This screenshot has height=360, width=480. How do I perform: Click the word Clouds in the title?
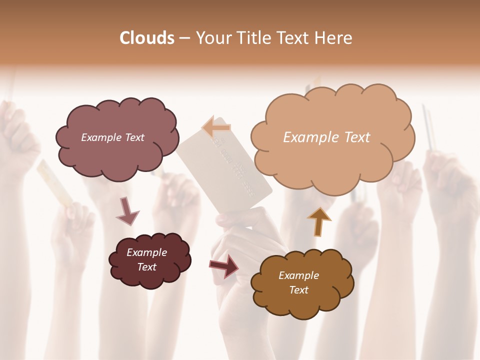147,38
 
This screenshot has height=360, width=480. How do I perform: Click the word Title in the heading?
250,38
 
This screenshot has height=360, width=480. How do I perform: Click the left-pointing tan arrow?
216,128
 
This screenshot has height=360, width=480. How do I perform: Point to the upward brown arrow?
319,221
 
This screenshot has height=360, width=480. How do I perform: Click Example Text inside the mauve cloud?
112,137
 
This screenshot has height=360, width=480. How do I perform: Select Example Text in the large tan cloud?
326,137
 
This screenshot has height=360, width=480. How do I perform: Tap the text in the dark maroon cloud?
146,259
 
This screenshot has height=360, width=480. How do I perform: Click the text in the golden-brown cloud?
298,282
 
